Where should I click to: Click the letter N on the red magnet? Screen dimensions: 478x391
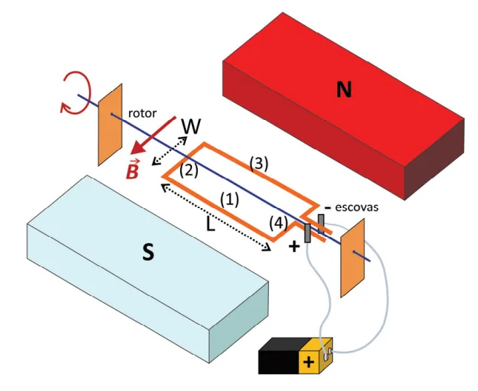pyautogui.click(x=344, y=90)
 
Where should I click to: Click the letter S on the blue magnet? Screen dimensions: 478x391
pyautogui.click(x=148, y=252)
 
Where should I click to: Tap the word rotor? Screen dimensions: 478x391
pyautogui.click(x=142, y=113)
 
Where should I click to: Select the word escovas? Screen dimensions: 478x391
pyautogui.click(x=356, y=207)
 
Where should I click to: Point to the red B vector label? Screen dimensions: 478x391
pyautogui.click(x=133, y=170)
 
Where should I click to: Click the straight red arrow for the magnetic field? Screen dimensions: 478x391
pyautogui.click(x=153, y=136)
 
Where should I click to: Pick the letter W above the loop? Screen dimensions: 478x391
pyautogui.click(x=191, y=127)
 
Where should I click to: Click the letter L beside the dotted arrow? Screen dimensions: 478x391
pyautogui.click(x=210, y=224)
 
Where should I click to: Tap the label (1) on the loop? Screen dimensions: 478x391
pyautogui.click(x=230, y=200)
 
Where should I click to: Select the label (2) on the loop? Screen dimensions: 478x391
pyautogui.click(x=189, y=171)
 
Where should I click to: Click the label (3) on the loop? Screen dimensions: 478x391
pyautogui.click(x=259, y=164)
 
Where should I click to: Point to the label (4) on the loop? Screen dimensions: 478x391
pyautogui.click(x=279, y=224)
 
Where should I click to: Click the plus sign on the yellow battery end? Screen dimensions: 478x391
pyautogui.click(x=309, y=362)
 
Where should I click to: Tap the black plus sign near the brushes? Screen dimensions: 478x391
pyautogui.click(x=294, y=247)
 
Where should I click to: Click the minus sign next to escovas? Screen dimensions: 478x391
pyautogui.click(x=328, y=208)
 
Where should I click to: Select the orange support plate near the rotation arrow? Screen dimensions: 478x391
pyautogui.click(x=110, y=125)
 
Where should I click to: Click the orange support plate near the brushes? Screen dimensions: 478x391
pyautogui.click(x=353, y=258)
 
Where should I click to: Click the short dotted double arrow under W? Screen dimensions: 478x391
pyautogui.click(x=170, y=151)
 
